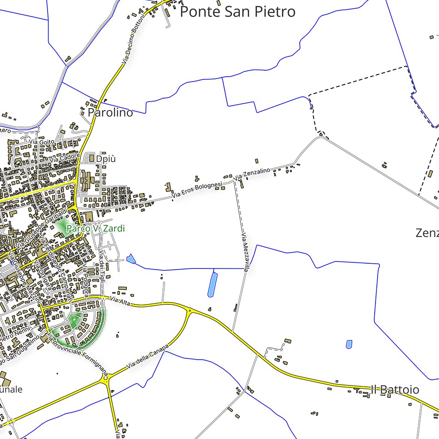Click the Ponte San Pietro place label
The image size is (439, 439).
click(238, 12)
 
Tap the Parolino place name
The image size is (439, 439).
click(110, 113)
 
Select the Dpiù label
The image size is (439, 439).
click(106, 159)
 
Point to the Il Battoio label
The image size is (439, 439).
click(395, 390)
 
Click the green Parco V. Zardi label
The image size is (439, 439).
click(95, 229)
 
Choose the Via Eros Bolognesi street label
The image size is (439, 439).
click(198, 189)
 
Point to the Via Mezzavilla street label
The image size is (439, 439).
click(245, 253)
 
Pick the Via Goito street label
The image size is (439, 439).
click(42, 141)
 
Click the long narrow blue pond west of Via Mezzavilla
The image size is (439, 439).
click(212, 284)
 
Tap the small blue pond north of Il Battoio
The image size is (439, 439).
click(349, 344)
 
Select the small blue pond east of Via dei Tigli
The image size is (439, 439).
click(131, 259)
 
